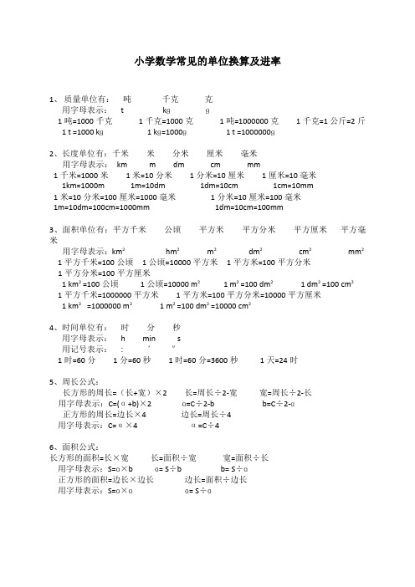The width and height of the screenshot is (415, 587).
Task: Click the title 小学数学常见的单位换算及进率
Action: (207, 62)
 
